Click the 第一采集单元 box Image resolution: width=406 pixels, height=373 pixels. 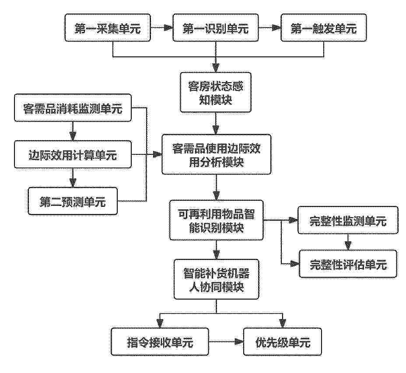point(108,28)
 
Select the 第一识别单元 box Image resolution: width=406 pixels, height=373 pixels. point(216,28)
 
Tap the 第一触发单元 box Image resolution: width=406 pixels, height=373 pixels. point(324,28)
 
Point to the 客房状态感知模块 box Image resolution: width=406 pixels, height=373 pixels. point(216,92)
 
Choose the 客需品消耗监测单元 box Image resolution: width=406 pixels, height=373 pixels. point(73,108)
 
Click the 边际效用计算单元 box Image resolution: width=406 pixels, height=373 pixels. point(73,154)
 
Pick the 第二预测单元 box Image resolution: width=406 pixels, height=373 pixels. point(73,201)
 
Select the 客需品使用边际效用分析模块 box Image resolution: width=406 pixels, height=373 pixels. point(217,154)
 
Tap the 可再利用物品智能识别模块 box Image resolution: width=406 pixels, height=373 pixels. point(217,220)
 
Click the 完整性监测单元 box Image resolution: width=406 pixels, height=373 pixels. point(348,220)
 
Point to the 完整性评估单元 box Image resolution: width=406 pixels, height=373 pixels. point(348,264)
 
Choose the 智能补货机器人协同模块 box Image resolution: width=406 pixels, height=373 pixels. point(217,279)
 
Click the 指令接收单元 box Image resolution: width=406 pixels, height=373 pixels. point(160,342)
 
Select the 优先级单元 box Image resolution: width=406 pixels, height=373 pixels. point(283,342)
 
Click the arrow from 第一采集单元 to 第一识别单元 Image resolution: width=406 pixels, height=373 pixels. point(161,28)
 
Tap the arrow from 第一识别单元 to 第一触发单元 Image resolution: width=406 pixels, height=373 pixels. point(270,28)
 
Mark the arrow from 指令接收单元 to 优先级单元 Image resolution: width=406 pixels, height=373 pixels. point(226,342)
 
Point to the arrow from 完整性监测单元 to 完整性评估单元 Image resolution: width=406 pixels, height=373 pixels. point(348,242)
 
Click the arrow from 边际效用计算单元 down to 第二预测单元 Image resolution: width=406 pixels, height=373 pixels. point(73,178)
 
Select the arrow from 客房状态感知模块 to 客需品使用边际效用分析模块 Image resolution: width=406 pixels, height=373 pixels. point(216,123)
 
